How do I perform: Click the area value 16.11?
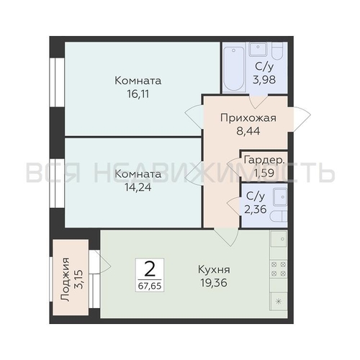click(137, 93)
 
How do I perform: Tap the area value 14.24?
click(137, 186)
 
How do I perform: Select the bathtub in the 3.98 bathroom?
click(235, 68)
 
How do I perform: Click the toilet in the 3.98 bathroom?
click(278, 52)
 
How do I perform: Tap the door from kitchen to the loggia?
click(97, 263)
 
